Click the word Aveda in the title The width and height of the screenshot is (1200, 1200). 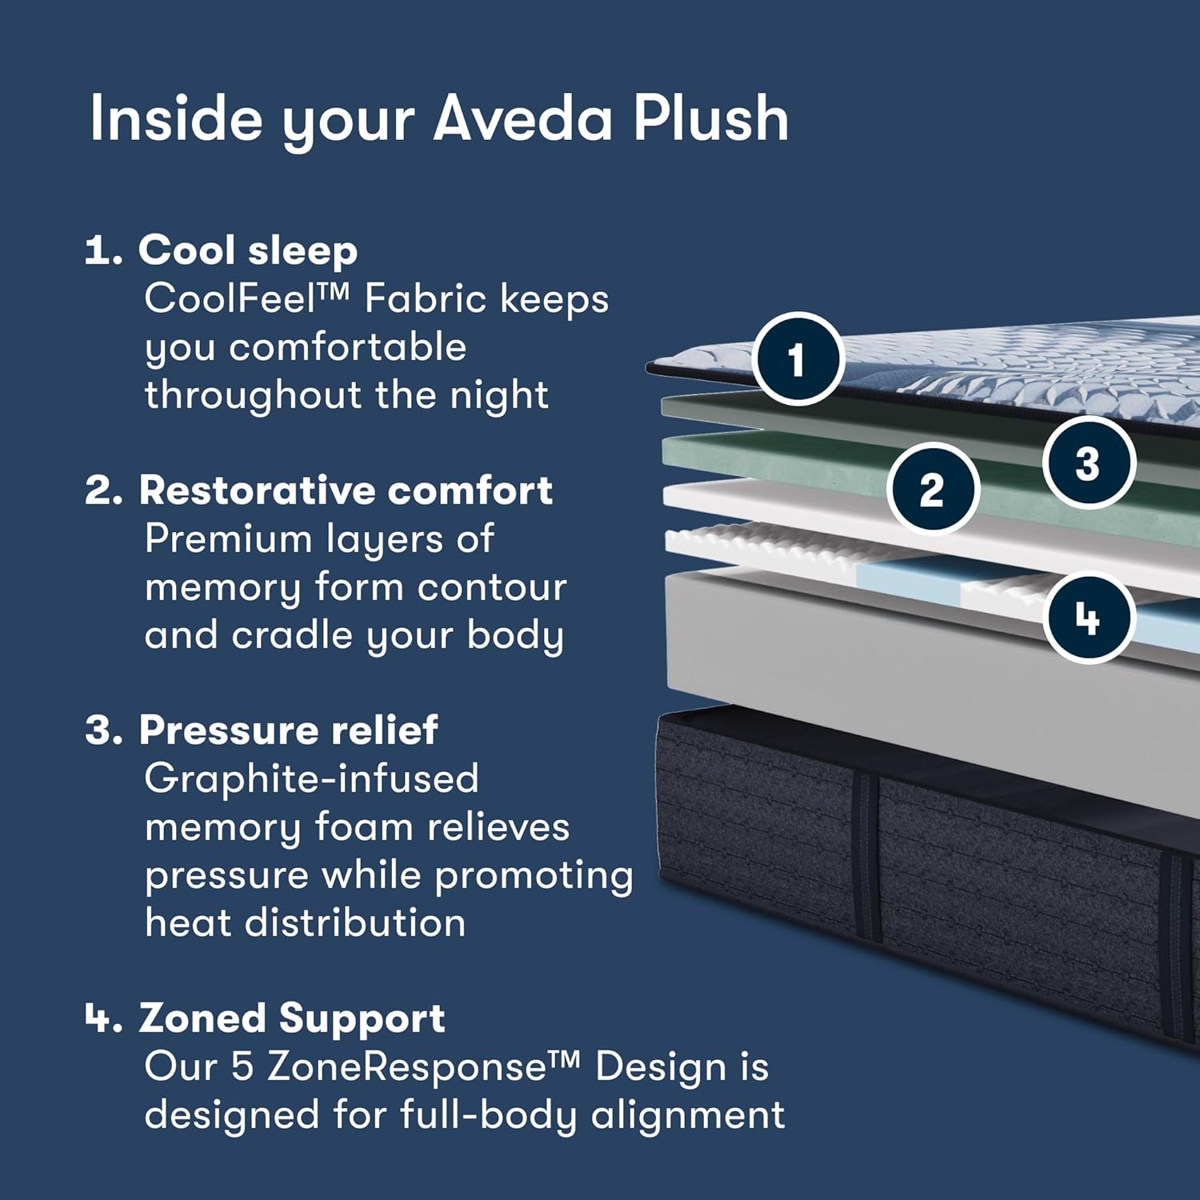click(x=525, y=118)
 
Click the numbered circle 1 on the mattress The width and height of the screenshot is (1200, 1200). click(x=798, y=359)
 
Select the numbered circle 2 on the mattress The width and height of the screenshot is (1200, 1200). click(x=933, y=489)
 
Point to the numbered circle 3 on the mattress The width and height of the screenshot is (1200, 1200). click(x=1089, y=462)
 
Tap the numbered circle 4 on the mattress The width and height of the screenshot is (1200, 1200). click(x=1089, y=618)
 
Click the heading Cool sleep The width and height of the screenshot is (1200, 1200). click(x=248, y=251)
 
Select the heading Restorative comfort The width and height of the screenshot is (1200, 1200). click(x=346, y=490)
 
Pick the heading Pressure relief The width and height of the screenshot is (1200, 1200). click(x=289, y=730)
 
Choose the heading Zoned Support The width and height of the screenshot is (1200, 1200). click(x=292, y=1019)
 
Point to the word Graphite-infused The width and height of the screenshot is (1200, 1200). click(x=312, y=778)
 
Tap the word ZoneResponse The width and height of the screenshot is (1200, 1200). click(x=415, y=1066)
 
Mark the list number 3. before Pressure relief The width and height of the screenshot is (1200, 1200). click(x=104, y=730)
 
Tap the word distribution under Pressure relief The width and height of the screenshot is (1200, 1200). click(x=355, y=922)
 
